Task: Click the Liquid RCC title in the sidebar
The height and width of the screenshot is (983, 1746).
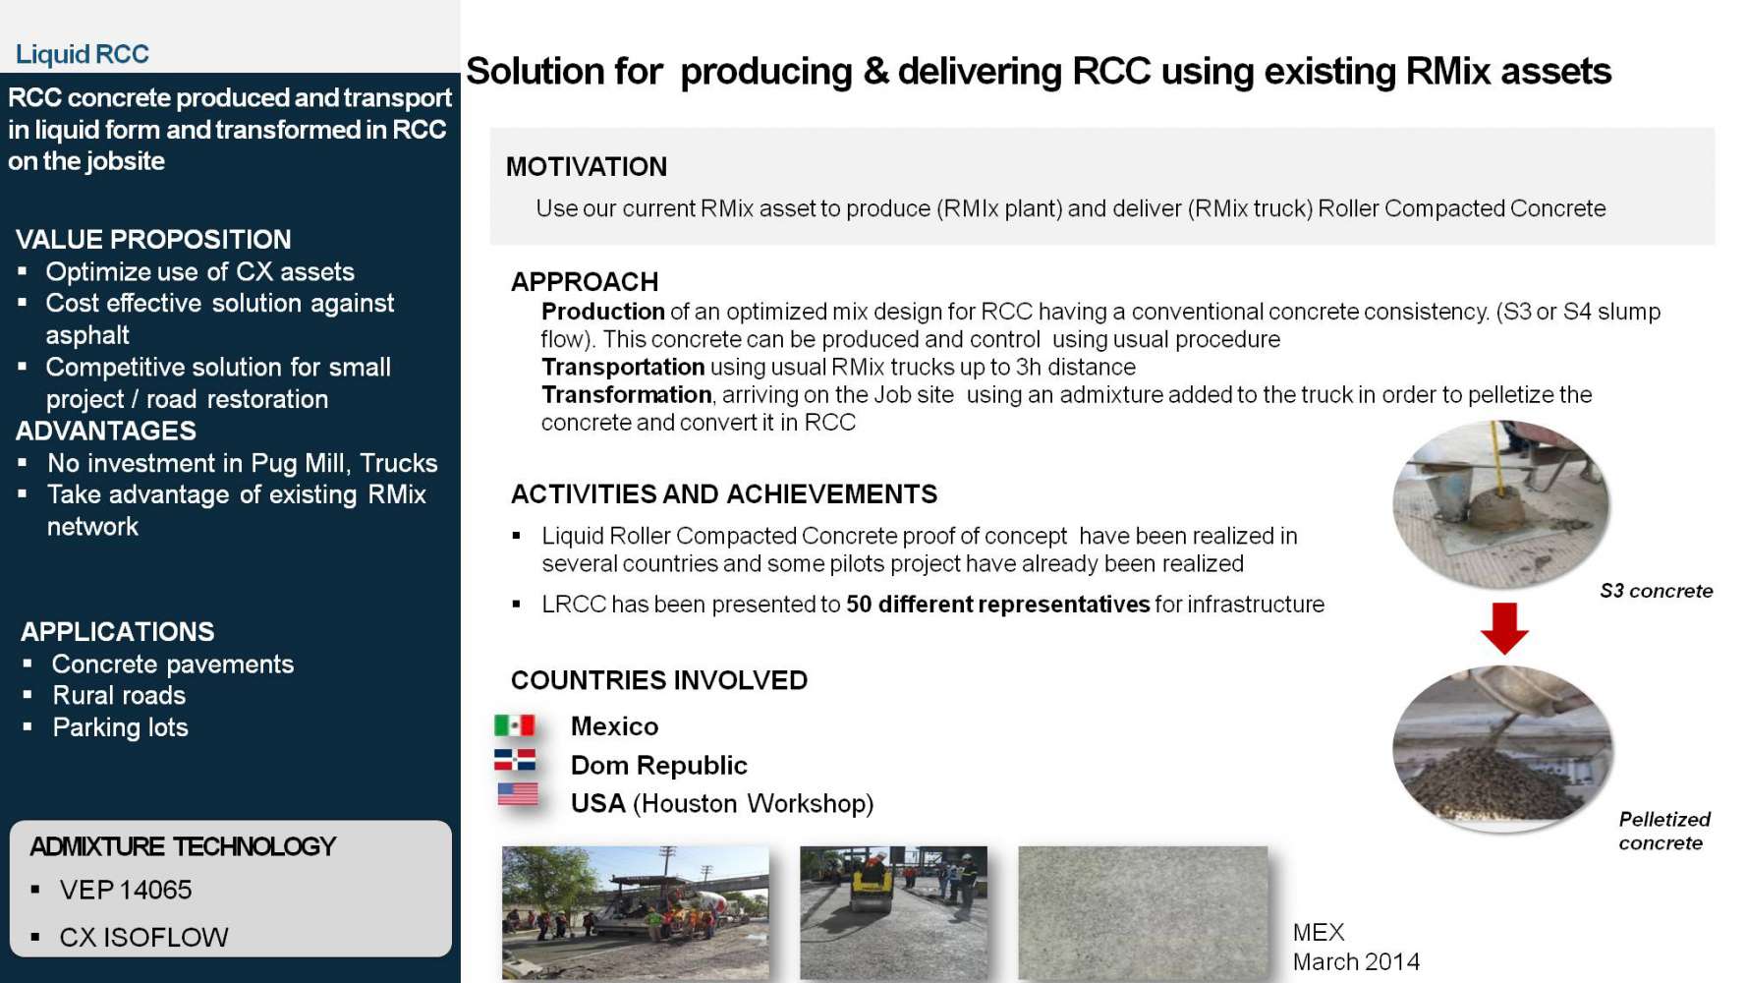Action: point(83,54)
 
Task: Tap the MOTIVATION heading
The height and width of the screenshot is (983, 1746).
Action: point(587,167)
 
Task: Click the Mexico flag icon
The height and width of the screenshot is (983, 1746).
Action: point(514,725)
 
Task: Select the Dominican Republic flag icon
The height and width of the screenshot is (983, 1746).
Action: point(515,760)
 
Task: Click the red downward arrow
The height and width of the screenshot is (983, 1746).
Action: point(1504,628)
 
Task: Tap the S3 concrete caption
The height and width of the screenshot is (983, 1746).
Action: point(1657,591)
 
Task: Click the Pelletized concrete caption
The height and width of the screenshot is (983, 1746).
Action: point(1664,831)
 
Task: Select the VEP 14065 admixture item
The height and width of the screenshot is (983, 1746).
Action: point(126,890)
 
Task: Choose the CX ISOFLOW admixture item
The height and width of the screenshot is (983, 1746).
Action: point(143,937)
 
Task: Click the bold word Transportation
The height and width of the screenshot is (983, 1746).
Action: point(623,367)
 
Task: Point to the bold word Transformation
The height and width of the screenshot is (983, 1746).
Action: point(627,394)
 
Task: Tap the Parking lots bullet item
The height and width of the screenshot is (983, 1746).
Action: point(120,727)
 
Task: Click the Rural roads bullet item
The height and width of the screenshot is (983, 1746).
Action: point(119,696)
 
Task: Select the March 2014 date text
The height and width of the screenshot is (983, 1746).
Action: point(1356,961)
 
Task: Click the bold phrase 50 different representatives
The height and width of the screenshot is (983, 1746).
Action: point(997,604)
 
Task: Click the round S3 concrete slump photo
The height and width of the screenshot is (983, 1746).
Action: point(1501,503)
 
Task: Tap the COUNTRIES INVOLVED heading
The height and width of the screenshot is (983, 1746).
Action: point(659,680)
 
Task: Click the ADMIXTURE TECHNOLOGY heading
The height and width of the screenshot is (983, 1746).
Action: point(183,846)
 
